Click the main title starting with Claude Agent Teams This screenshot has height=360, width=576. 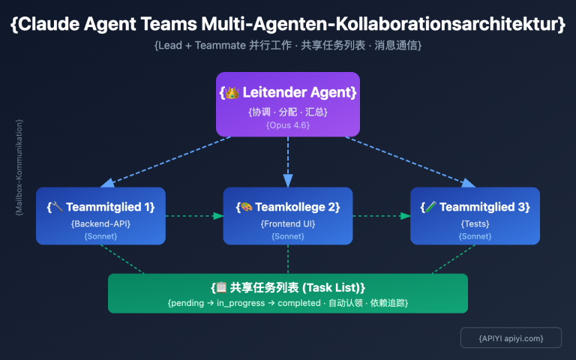click(x=288, y=24)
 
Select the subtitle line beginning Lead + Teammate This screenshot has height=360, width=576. click(x=288, y=46)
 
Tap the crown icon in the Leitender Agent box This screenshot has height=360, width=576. click(x=232, y=93)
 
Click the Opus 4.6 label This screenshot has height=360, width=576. click(x=288, y=124)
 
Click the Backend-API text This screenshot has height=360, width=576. click(x=100, y=223)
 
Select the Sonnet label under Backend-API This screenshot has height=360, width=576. click(x=100, y=236)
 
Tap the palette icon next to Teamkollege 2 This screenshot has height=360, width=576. click(x=244, y=207)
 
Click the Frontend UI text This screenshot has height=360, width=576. click(x=288, y=223)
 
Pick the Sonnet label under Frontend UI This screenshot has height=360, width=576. click(x=288, y=236)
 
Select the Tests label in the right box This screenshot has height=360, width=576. click(x=475, y=223)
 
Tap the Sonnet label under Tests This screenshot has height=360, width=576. click(x=475, y=236)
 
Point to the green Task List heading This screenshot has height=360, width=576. click(x=288, y=287)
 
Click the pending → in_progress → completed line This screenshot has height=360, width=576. click(x=288, y=303)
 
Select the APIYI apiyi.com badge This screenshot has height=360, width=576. click(x=511, y=338)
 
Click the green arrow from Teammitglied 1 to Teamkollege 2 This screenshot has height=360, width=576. click(x=194, y=216)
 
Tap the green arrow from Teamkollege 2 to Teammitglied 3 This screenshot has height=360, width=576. click(x=382, y=216)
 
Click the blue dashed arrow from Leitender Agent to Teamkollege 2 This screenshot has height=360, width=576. click(x=288, y=161)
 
